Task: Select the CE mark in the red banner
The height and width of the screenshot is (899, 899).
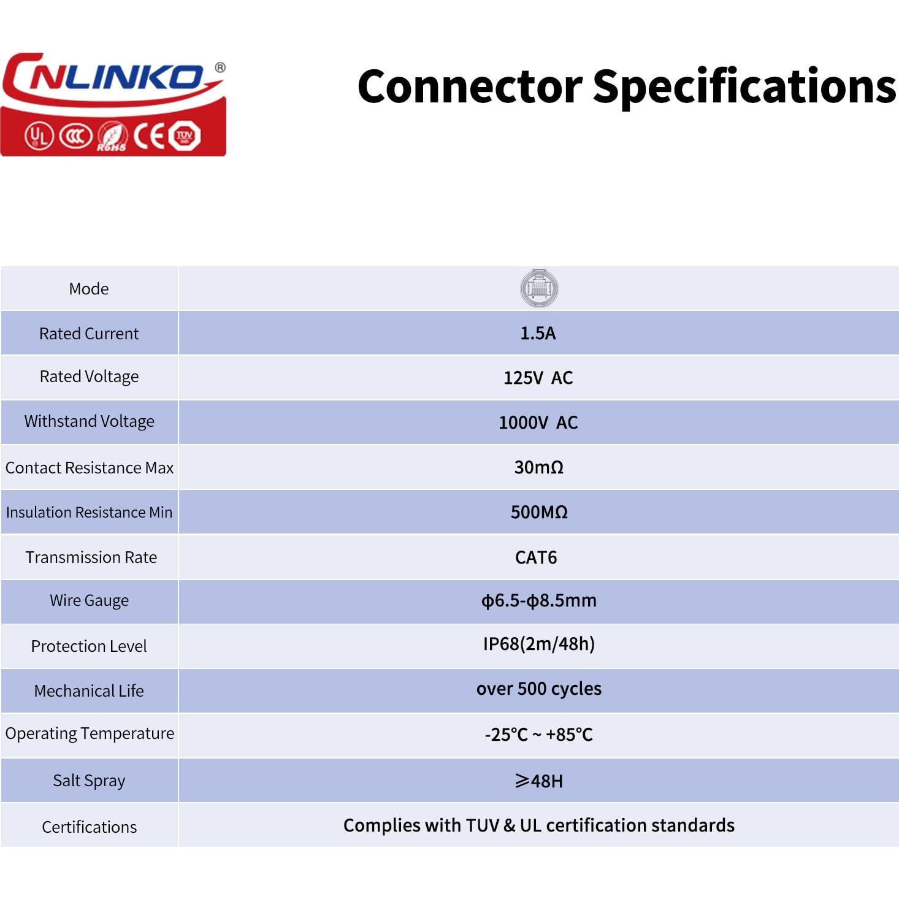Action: pos(150,136)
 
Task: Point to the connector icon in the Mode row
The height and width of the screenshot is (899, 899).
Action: pos(538,288)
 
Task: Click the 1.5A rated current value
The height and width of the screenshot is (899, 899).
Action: pos(538,333)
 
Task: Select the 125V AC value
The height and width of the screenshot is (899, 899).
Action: pos(538,378)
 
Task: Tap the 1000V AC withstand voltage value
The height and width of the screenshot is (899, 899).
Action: pos(538,423)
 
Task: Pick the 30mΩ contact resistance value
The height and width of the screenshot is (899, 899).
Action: pos(538,467)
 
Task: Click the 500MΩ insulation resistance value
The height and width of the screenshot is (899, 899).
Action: pos(539,512)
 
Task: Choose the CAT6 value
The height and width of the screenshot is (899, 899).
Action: pos(536,557)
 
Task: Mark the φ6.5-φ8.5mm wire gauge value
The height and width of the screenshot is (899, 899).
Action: pos(538,600)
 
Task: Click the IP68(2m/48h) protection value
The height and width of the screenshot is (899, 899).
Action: pos(538,644)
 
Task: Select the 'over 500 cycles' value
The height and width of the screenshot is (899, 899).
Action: pos(538,689)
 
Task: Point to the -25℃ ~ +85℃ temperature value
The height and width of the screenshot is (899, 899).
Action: pos(538,734)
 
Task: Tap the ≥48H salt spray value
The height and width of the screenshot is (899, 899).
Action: pos(538,781)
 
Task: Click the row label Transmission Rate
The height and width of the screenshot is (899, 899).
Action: pos(91,557)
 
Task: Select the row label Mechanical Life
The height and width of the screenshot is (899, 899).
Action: pos(89,691)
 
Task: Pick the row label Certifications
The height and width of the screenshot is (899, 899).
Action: pos(89,827)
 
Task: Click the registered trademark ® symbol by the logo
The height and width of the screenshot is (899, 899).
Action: pos(220,67)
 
